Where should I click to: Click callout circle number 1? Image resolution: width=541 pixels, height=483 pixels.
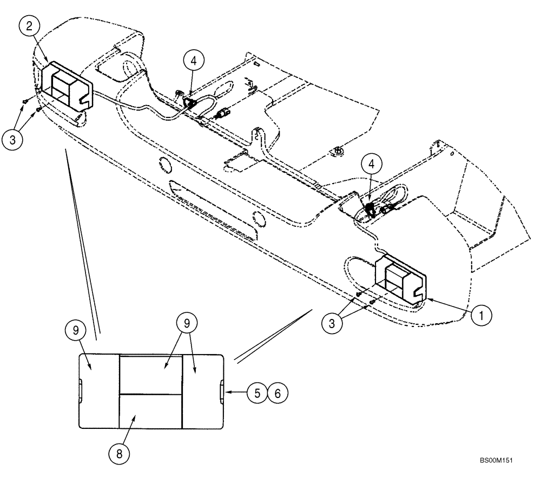point(480,315)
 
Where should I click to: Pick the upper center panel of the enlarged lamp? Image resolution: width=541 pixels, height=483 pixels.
point(150,374)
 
